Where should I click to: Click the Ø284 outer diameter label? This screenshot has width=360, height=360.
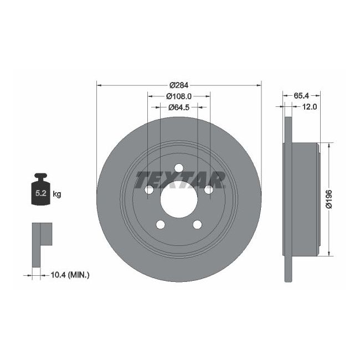coord(178,85)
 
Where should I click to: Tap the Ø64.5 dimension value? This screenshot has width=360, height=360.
coord(178,107)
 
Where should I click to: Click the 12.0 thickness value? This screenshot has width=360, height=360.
coord(309,107)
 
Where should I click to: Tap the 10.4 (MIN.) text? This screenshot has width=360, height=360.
coord(70,275)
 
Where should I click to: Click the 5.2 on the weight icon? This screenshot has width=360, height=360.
coord(40,194)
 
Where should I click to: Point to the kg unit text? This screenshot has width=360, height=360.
coord(56,194)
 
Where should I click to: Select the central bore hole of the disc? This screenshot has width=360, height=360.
coord(179,200)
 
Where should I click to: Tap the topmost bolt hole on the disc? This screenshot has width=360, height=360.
coord(179,168)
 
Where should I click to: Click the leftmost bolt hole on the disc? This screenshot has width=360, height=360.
coord(149,190)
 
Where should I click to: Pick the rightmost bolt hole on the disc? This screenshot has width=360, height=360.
coord(209,190)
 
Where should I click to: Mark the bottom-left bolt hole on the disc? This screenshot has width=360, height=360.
coord(161,225)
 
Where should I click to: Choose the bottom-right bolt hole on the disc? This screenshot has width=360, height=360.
coord(198,225)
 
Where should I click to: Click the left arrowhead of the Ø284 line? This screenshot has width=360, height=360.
coord(99,85)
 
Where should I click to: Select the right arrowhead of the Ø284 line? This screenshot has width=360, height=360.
coord(259,85)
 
